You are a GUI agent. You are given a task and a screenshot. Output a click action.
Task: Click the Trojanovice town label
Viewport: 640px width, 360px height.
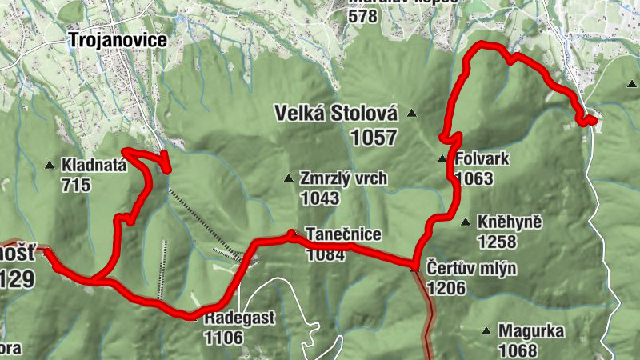coord(117,40)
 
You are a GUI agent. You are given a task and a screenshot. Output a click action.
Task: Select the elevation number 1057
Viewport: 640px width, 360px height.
coord(373,138)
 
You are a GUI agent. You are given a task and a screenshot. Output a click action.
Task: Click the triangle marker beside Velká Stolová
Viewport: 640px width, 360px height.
coord(413,113)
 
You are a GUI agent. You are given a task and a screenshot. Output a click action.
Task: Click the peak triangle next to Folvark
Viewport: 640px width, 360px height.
coord(442,158)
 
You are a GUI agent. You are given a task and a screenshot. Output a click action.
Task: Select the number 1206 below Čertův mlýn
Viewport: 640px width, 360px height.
coord(447,287)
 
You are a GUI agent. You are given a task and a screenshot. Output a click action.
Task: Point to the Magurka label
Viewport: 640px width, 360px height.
coord(531,330)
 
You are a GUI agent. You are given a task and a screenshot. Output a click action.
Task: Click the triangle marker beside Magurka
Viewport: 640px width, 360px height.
coord(486,330)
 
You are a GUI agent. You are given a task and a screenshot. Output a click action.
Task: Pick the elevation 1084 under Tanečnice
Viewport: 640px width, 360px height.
coord(324,254)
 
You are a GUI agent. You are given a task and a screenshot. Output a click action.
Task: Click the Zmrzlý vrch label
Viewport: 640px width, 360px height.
coord(343,178)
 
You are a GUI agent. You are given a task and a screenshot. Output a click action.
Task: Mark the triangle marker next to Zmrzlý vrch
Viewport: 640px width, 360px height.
coord(289,178)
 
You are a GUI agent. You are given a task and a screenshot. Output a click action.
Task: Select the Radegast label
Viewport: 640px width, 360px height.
coord(238,318)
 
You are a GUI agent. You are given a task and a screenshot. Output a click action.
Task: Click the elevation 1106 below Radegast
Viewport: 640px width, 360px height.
coord(223,337)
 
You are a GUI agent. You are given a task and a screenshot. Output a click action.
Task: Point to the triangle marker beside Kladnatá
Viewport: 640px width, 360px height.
coord(50,166)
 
